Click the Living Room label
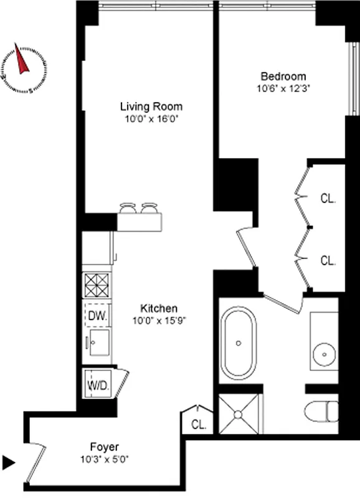(x=151, y=106)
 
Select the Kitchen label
(x=159, y=309)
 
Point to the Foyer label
(x=104, y=447)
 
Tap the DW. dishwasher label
(x=97, y=315)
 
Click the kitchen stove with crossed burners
(x=97, y=286)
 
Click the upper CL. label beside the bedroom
(x=328, y=200)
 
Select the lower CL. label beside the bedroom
(x=328, y=260)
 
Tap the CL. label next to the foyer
(x=199, y=425)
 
